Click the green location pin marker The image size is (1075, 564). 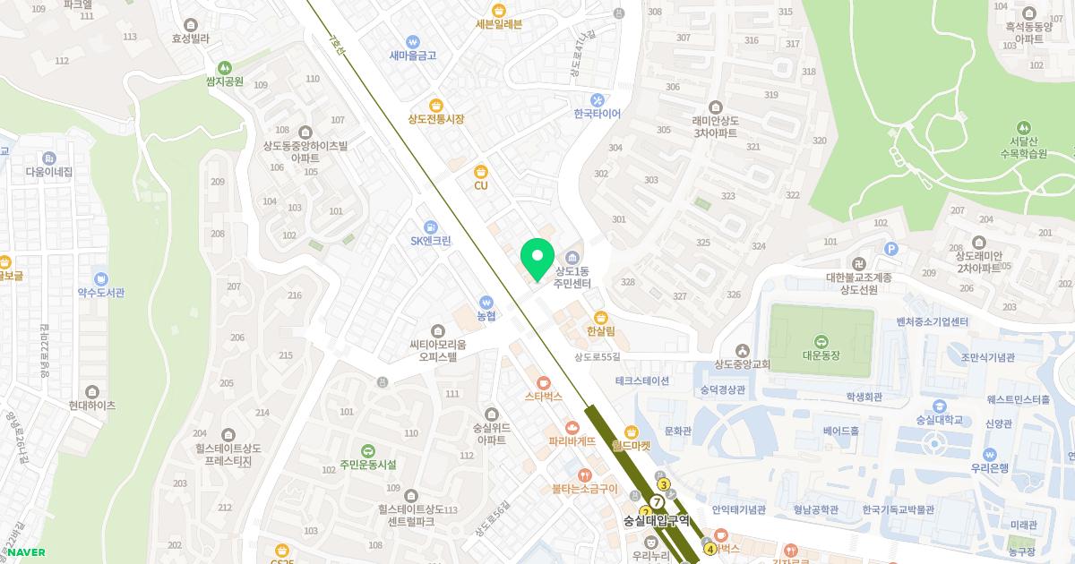[x=537, y=259]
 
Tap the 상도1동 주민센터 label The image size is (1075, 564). [x=572, y=277]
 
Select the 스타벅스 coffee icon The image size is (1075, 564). [x=543, y=381]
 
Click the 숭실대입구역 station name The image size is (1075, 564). [x=657, y=520]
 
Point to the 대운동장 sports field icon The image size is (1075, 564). [x=821, y=340]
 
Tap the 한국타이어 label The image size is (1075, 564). [x=597, y=114]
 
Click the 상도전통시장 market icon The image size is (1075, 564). [x=436, y=105]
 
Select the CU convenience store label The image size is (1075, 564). [x=481, y=185]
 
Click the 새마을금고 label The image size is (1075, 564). [x=412, y=56]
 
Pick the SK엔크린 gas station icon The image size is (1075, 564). [x=431, y=226]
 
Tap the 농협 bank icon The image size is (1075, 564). [x=486, y=302]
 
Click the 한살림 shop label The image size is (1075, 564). [x=600, y=331]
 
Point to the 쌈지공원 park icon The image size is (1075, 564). [x=224, y=67]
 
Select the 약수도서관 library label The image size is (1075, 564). [x=100, y=293]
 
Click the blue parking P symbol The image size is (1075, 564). [x=890, y=249]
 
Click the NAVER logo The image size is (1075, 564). [x=26, y=552]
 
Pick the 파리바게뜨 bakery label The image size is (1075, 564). [x=572, y=441]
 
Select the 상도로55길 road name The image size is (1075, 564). [x=598, y=356]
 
